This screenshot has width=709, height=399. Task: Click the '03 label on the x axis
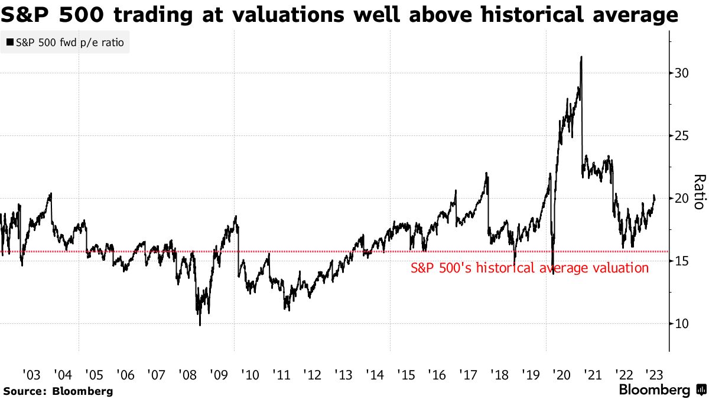point(32,374)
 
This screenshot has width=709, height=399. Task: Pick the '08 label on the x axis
point(187,374)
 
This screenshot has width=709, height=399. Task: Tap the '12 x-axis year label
point(311,374)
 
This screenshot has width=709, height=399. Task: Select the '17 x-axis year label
point(467,374)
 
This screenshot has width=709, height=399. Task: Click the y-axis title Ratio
point(698,192)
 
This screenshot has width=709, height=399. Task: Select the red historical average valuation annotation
point(529,268)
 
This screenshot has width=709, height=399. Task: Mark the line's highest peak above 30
point(582,57)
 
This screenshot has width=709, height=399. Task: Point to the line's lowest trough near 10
point(200,325)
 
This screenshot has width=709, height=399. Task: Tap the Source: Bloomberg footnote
point(57,391)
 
